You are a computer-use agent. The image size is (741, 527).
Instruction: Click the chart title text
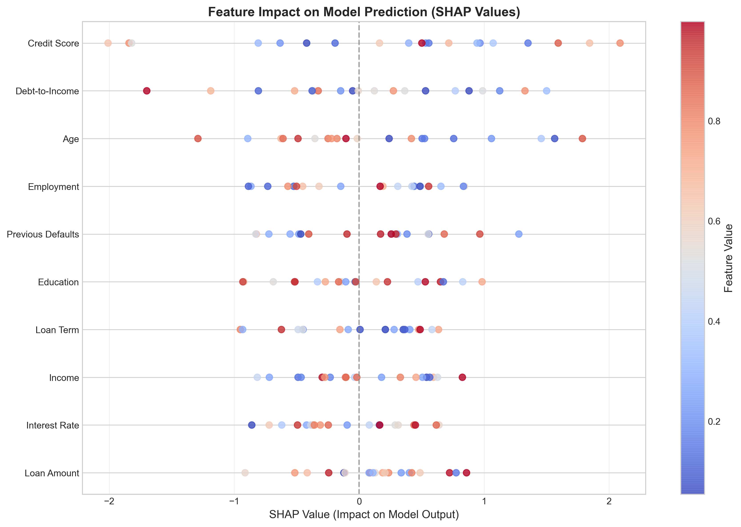click(364, 12)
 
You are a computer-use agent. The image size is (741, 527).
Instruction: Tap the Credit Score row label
click(53, 43)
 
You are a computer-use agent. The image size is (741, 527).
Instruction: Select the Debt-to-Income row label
click(47, 91)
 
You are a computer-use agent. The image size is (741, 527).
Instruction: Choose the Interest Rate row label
click(52, 425)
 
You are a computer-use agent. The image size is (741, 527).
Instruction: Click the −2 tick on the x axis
click(109, 502)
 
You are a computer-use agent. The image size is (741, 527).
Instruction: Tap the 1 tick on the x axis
click(484, 502)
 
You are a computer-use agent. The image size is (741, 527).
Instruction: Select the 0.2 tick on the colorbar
click(714, 422)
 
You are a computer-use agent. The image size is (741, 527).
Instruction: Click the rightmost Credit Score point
click(620, 43)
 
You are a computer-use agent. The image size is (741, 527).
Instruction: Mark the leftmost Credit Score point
click(108, 43)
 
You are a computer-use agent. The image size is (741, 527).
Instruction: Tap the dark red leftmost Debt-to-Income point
click(147, 91)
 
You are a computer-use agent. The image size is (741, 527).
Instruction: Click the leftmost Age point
click(198, 139)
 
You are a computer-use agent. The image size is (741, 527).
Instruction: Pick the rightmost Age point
click(582, 139)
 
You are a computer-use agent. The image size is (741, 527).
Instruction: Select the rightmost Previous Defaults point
click(519, 234)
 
